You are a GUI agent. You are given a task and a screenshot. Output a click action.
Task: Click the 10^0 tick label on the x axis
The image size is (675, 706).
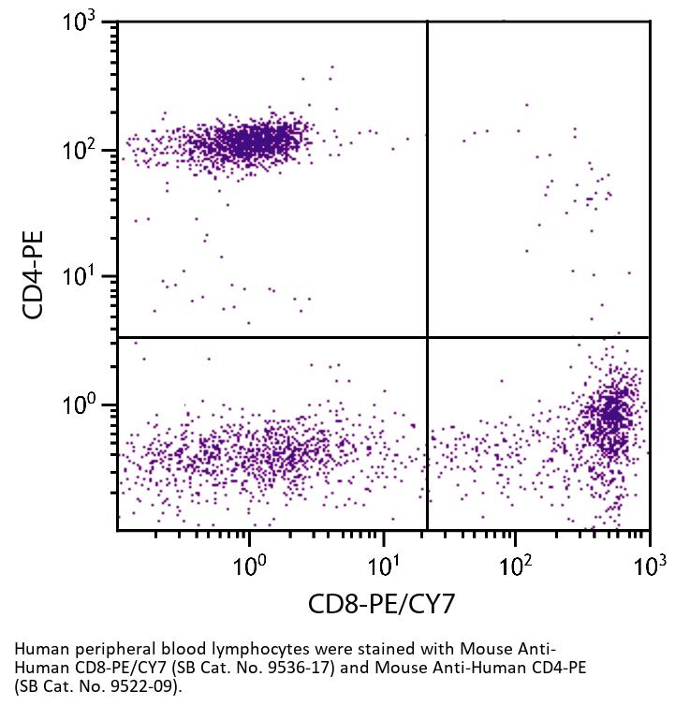[x=249, y=564]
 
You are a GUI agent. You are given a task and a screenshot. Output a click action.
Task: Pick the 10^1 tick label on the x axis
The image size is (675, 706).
[x=383, y=564]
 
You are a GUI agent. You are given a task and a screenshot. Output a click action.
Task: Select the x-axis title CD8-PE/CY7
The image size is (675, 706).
[x=382, y=604]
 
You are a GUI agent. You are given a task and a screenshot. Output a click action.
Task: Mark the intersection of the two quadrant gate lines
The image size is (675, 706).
[x=427, y=337]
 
